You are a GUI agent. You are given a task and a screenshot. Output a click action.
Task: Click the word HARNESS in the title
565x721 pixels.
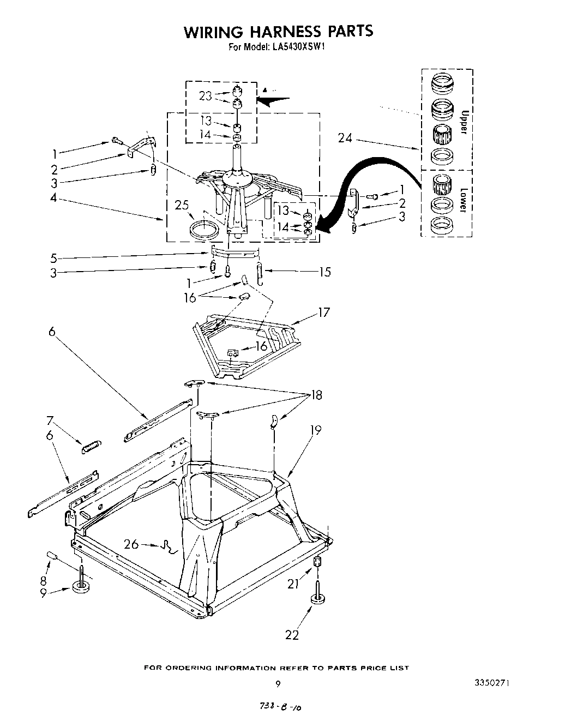point(279,32)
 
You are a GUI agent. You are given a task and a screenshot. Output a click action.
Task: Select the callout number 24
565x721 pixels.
point(345,138)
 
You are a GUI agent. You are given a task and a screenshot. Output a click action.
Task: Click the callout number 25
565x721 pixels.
point(181,206)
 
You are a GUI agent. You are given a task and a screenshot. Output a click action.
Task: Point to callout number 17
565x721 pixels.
point(324,313)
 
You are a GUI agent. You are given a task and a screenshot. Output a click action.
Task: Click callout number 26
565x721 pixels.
point(131,544)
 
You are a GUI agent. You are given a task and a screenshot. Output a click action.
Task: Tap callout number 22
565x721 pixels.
point(292,634)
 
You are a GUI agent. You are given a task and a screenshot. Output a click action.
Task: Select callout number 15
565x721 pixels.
point(324,271)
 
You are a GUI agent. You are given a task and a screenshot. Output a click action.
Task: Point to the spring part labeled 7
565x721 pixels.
point(91,447)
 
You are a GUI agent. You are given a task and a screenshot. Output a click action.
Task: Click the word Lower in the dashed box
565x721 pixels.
point(463,200)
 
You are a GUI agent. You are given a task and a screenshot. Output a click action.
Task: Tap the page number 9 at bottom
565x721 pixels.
point(278,683)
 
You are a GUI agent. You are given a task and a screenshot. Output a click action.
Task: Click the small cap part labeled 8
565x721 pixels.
point(53,555)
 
